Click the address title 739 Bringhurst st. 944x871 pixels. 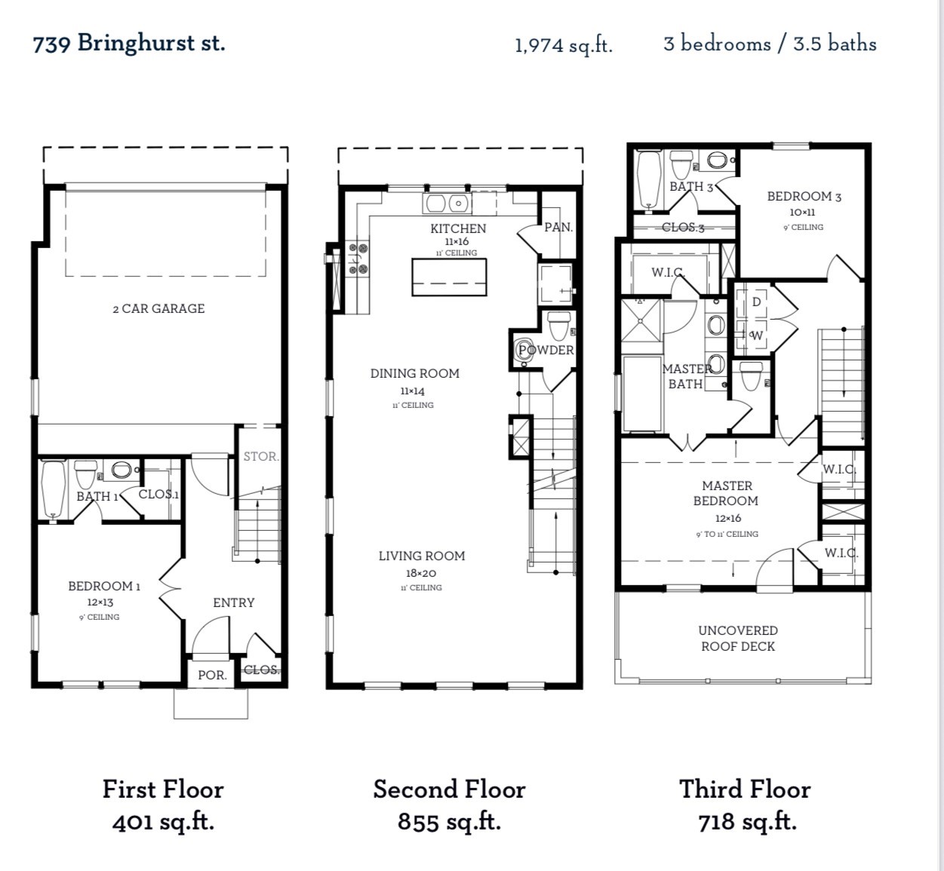pyautogui.click(x=129, y=43)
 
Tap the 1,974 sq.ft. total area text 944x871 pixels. pyautogui.click(x=563, y=45)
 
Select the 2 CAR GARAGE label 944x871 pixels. pyautogui.click(x=158, y=308)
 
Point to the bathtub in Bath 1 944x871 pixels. pyautogui.click(x=53, y=489)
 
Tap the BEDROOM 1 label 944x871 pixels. pyautogui.click(x=104, y=586)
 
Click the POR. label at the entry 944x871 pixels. pyautogui.click(x=212, y=675)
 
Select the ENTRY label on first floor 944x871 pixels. pyautogui.click(x=233, y=603)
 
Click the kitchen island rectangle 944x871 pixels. pyautogui.click(x=449, y=277)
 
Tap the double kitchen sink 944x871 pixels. pyautogui.click(x=447, y=203)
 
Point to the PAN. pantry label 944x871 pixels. pyautogui.click(x=558, y=227)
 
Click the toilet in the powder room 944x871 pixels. pyautogui.click(x=558, y=326)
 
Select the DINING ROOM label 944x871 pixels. pyautogui.click(x=414, y=373)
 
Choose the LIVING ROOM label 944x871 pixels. pyautogui.click(x=421, y=556)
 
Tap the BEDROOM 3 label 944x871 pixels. pyautogui.click(x=804, y=196)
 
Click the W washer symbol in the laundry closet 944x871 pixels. pyautogui.click(x=757, y=336)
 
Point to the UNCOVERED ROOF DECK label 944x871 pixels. pyautogui.click(x=737, y=638)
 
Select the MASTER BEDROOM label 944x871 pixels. pyautogui.click(x=727, y=493)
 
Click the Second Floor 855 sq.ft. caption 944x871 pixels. pyautogui.click(x=449, y=805)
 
